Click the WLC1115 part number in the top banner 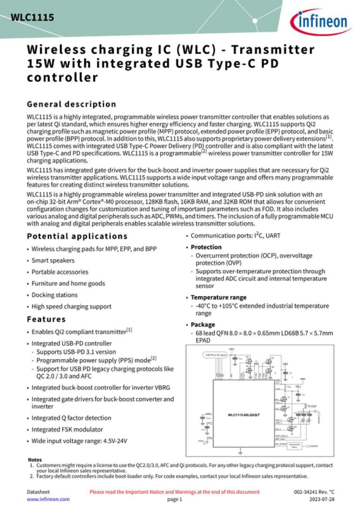pyautogui.click(x=32, y=18)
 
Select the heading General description pyautogui.click(x=71, y=104)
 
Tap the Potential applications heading pyautogui.click(x=77, y=236)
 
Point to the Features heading pyautogui.click(x=46, y=319)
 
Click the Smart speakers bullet pyautogui.click(x=53, y=260)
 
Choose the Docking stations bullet pyautogui.click(x=54, y=295)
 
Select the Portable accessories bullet pyautogui.click(x=60, y=272)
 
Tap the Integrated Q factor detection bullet pyautogui.click(x=71, y=418)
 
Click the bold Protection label pyautogui.click(x=206, y=247)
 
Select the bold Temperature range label pyautogui.click(x=218, y=297)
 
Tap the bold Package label pyautogui.click(x=203, y=325)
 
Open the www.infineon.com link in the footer pyautogui.click(x=48, y=499)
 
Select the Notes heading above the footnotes pyautogui.click(x=35, y=460)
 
